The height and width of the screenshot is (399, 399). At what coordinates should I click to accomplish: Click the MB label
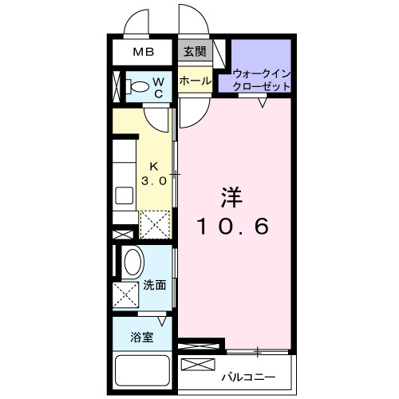(143, 53)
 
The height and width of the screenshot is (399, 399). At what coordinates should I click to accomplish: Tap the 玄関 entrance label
(193, 53)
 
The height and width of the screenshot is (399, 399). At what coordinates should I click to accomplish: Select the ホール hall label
(194, 81)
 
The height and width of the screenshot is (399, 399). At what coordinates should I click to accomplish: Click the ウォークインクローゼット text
(261, 81)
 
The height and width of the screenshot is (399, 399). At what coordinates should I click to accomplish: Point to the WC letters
(159, 87)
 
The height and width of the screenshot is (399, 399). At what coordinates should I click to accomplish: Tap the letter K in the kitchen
(155, 167)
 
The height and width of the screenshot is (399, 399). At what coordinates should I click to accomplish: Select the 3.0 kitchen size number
(155, 181)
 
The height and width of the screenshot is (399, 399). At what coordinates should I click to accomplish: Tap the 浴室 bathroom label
(141, 336)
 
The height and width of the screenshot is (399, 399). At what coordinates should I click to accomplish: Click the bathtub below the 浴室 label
(143, 372)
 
